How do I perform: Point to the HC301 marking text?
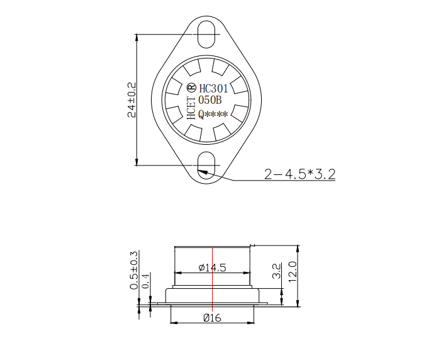[x=213, y=88]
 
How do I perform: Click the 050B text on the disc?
[x=210, y=100]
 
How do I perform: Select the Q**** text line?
[x=213, y=114]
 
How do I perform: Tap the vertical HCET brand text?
[x=191, y=108]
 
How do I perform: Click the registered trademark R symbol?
[x=191, y=86]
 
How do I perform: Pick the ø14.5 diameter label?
[x=212, y=267]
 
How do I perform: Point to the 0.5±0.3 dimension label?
[x=133, y=270]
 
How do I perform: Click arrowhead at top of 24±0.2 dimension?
[x=137, y=37]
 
